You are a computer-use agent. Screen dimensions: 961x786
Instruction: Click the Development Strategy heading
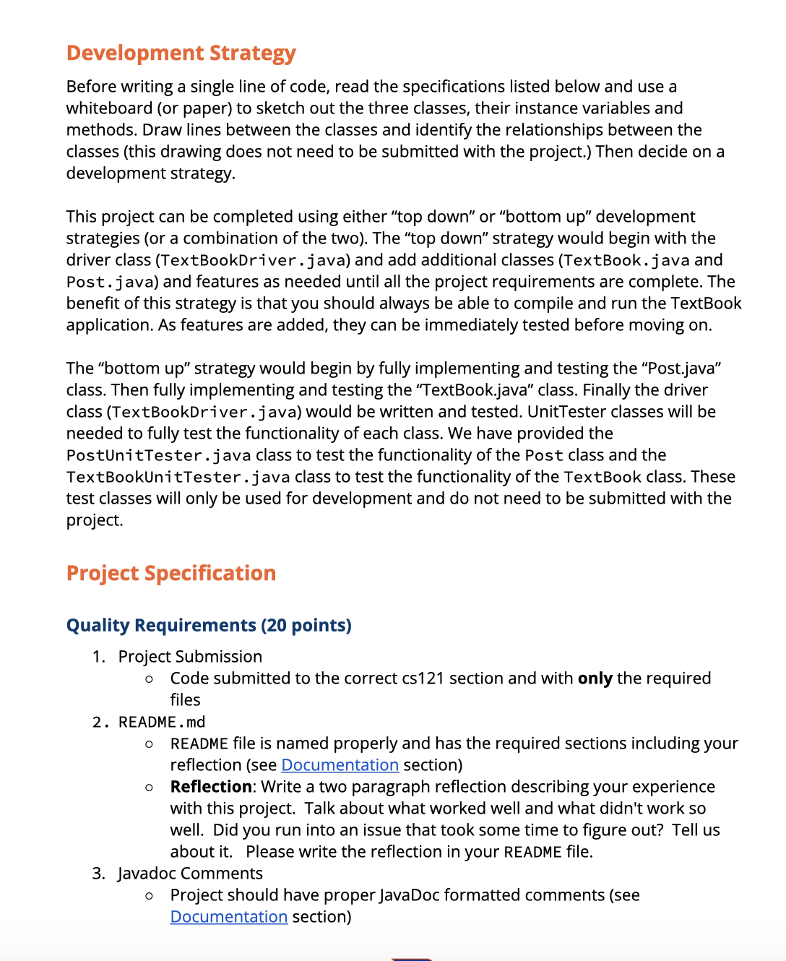click(x=181, y=53)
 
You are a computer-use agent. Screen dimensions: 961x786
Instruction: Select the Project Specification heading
click(x=170, y=573)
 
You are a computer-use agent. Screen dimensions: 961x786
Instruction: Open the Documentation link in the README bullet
click(x=340, y=765)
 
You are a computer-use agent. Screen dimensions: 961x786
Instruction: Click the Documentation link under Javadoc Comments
click(x=228, y=917)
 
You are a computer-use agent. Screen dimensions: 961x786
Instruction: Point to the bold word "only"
click(x=595, y=678)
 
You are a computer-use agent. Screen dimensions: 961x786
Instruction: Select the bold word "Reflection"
click(x=211, y=787)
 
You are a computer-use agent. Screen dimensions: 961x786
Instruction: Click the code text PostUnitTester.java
click(x=158, y=455)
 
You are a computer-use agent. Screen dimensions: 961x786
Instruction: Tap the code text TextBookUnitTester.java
click(x=178, y=477)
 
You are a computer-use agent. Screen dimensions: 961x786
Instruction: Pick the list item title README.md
click(x=162, y=722)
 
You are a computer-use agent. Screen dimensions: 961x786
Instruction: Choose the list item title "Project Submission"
click(x=190, y=657)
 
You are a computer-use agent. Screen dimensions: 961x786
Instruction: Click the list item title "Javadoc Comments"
click(x=190, y=874)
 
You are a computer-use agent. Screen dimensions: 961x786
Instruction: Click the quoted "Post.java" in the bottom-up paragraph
click(x=683, y=369)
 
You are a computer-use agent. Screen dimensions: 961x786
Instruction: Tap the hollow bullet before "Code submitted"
click(x=149, y=679)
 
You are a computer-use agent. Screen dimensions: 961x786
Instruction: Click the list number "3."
click(x=99, y=874)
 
